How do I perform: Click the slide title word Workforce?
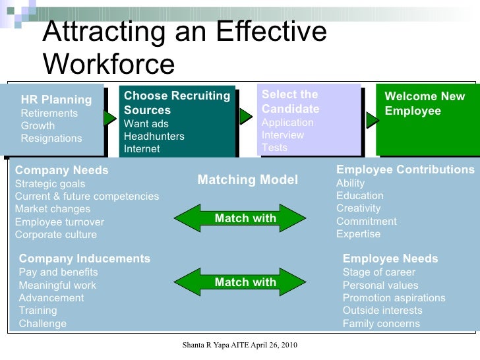[x=109, y=64]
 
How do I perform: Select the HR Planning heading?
[x=56, y=100]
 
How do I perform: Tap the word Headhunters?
[x=154, y=136]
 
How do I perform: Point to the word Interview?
[x=283, y=135]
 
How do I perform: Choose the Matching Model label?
[x=247, y=179]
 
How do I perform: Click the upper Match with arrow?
[x=245, y=218]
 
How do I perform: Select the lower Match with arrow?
[x=245, y=282]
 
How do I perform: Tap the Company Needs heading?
[x=61, y=171]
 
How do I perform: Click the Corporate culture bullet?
[x=55, y=235]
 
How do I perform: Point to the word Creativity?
[x=358, y=208]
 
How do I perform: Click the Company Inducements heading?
[x=84, y=259]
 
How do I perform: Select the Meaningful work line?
[x=57, y=285]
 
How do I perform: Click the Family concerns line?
[x=381, y=324]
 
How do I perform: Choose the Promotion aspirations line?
[x=394, y=298]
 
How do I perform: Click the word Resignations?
[x=51, y=138]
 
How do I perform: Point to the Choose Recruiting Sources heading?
[x=177, y=104]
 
